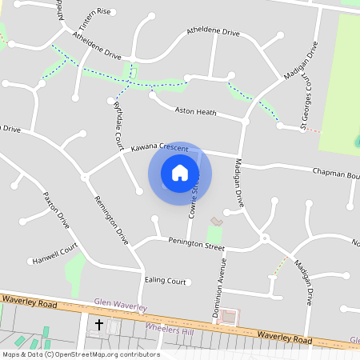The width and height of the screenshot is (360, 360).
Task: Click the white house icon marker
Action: pyautogui.click(x=180, y=173)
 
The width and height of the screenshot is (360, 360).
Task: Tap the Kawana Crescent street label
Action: pyautogui.click(x=159, y=148)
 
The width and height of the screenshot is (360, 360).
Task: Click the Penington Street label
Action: pyautogui.click(x=196, y=241)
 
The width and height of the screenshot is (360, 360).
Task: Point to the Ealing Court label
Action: pyautogui.click(x=165, y=281)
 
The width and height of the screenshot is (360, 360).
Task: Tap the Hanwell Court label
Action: pyautogui.click(x=55, y=259)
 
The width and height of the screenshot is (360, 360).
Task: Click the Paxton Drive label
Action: pyautogui.click(x=57, y=210)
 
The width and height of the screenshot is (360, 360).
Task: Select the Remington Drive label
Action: pyautogui.click(x=111, y=220)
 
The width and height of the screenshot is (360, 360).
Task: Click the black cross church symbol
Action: pyautogui.click(x=99, y=325)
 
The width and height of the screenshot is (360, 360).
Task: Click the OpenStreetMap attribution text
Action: pyautogui.click(x=80, y=354)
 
